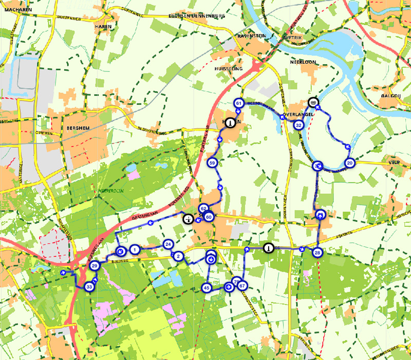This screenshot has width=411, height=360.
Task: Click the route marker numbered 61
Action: pos(238,103)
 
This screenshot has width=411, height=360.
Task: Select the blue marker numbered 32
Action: pos(298,125)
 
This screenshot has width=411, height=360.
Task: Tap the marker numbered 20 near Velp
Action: pos(350,163)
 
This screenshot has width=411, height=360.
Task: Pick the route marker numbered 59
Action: pos(212,163)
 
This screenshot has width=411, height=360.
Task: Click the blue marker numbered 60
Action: pos(209,217)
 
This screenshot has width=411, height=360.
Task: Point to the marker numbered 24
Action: pos(167,244)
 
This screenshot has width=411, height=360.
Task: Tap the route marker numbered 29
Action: pos(95,266)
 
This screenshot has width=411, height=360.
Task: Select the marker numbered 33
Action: pos(89,287)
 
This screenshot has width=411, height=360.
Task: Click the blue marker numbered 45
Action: pos(207,288)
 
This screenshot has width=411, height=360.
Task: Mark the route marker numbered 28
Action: pos(317,252)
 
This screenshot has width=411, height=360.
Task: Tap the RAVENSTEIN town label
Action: pos(252,36)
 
